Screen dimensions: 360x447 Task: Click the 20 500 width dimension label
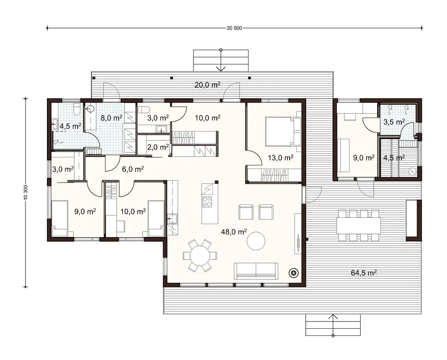pos(234,28)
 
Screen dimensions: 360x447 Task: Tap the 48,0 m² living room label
pos(234,231)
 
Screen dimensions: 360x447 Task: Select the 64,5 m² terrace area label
pos(362,272)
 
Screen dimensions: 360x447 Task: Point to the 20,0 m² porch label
pos(207,85)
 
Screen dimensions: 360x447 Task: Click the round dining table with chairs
pos(200,256)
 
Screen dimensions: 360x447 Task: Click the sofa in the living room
pos(256,271)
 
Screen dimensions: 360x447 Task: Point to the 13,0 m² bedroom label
pos(281,157)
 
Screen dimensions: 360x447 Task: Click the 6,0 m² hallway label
pos(133,169)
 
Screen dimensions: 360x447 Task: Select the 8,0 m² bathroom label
pos(111,118)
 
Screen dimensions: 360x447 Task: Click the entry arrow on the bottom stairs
pos(333,318)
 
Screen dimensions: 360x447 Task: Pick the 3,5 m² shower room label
pos(394,121)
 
